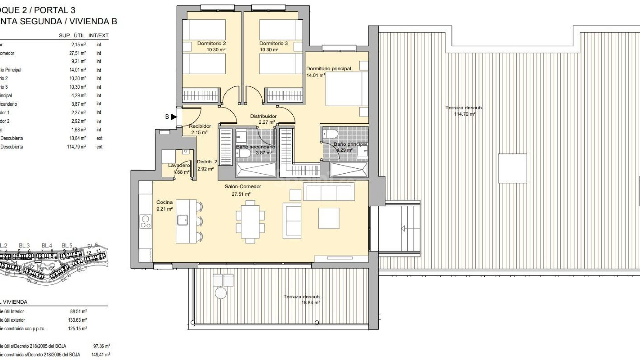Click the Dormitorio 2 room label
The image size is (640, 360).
coord(211,43)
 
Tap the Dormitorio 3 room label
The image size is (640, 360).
coord(273,43)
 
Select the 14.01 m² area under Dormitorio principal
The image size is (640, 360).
coord(315,75)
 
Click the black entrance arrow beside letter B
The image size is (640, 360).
coord(174,117)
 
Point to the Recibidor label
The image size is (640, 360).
coord(200,126)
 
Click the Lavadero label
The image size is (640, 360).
coord(179,165)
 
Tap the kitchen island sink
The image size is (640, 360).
coord(182,220)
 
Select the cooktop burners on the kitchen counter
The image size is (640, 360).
coord(146,222)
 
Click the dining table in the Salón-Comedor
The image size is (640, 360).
coord(250,222)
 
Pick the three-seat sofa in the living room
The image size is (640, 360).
coord(328,193)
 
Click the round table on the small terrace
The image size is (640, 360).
coord(220,293)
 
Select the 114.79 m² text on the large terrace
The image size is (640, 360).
coord(464,114)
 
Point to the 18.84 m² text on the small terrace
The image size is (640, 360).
coord(310,303)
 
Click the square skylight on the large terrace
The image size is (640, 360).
coord(512,168)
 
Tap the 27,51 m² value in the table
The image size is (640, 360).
coord(77,53)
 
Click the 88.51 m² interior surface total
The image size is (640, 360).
coord(79,311)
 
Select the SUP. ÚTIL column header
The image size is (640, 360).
coord(72,35)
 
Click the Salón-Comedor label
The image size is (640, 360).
coord(243,186)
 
